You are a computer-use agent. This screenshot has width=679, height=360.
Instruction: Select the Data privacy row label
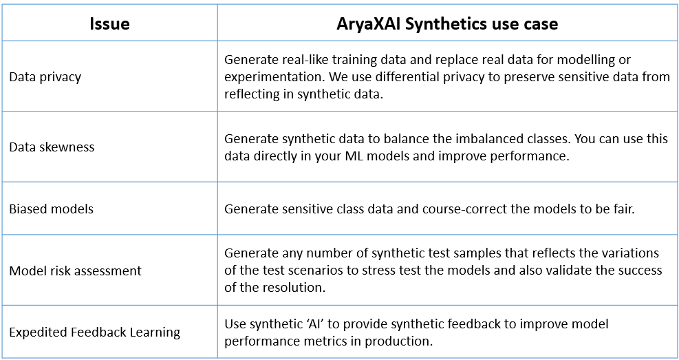pyautogui.click(x=45, y=77)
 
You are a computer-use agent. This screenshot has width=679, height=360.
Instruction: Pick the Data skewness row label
pyautogui.click(x=52, y=147)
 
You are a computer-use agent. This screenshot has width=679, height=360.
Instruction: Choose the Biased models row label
pyautogui.click(x=51, y=209)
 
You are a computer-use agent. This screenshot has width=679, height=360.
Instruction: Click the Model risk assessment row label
pyautogui.click(x=76, y=271)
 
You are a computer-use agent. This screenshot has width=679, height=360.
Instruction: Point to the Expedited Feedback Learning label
pyautogui.click(x=94, y=332)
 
